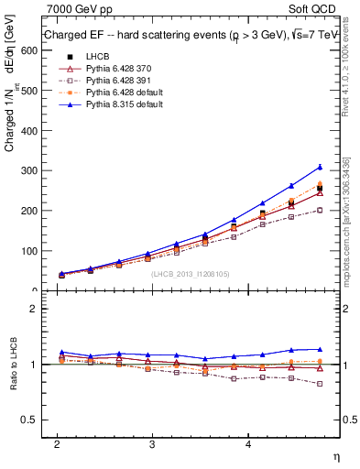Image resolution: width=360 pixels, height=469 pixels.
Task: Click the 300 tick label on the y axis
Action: click(27, 170)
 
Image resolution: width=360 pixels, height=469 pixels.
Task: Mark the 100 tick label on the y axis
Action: click(27, 251)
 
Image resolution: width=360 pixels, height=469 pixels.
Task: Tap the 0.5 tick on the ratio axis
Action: click(29, 420)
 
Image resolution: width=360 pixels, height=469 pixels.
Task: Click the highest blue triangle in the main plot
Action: click(320, 167)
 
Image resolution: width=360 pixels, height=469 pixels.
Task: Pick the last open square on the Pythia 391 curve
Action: click(320, 210)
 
